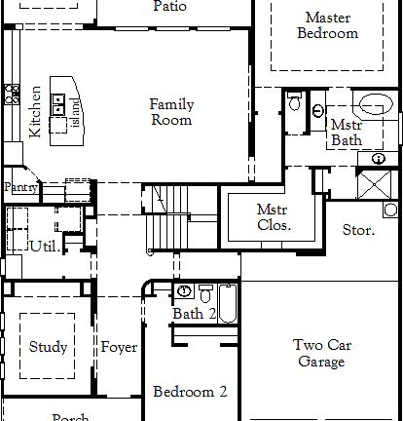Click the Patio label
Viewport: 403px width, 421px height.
point(169,6)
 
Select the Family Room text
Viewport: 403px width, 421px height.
point(170,112)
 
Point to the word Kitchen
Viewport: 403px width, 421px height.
point(35,109)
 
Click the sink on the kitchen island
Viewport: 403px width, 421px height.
point(58,101)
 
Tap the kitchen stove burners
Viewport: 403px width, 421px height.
point(13,94)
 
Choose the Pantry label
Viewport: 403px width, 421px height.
point(19,187)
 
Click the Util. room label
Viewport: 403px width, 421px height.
point(43,246)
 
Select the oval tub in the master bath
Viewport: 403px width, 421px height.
point(375,103)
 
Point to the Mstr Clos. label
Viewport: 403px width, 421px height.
point(274,216)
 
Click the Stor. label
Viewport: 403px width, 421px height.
point(357,231)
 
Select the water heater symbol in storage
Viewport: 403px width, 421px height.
point(390,209)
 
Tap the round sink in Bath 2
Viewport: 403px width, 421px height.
point(185,291)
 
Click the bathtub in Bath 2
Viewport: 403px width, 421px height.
point(227,303)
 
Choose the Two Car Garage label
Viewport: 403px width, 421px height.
point(320,353)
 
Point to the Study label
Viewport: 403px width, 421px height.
point(48,347)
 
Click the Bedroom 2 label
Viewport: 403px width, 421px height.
point(190,392)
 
